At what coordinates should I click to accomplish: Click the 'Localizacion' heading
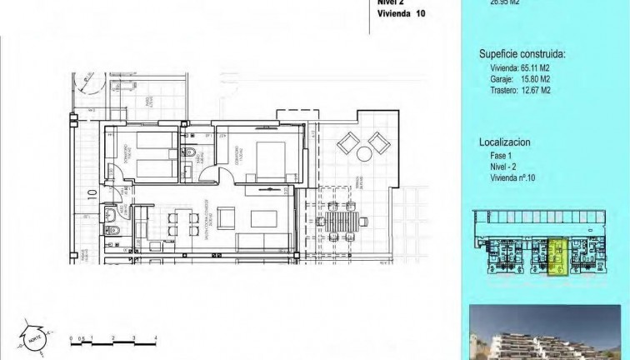click(504, 142)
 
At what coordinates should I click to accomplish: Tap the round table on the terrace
click(364, 155)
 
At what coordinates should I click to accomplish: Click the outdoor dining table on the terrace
click(342, 222)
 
